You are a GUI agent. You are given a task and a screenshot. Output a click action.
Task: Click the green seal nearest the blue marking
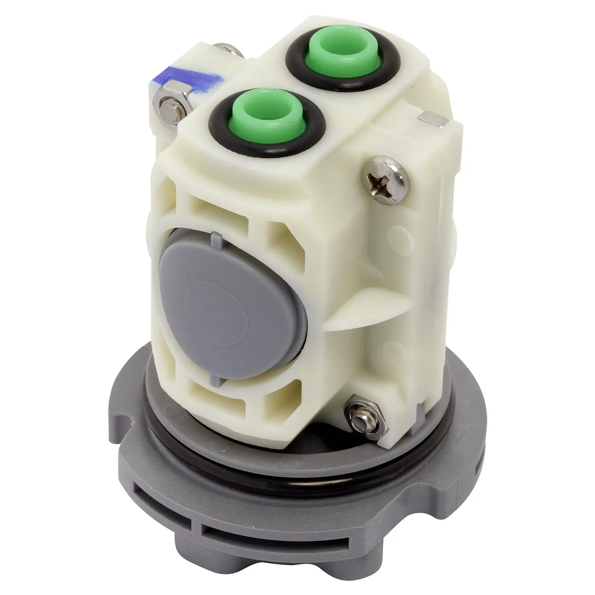click(x=267, y=116)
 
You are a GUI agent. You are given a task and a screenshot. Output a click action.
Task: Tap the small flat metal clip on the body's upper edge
click(x=433, y=119)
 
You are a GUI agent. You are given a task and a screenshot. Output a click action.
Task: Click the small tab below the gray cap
click(x=216, y=381)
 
